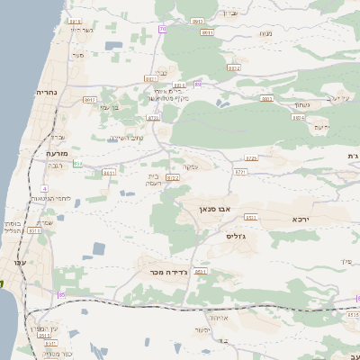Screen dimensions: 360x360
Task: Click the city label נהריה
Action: [47, 93]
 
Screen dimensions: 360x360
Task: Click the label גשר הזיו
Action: [82, 30]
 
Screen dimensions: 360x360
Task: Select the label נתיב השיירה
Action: [127, 138]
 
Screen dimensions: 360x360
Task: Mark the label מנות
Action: [265, 34]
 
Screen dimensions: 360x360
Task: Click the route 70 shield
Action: [162, 29]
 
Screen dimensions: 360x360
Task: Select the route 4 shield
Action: [43, 187]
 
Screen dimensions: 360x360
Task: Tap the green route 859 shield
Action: [77, 164]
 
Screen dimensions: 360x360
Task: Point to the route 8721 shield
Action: [240, 171]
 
